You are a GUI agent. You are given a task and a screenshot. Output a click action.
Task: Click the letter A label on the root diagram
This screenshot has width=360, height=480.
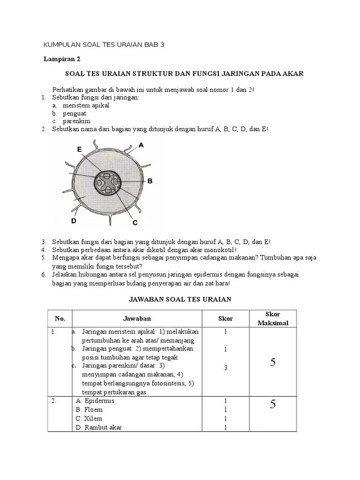click(x=141, y=145)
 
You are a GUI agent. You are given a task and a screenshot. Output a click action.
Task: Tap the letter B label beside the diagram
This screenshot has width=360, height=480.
click(x=150, y=180)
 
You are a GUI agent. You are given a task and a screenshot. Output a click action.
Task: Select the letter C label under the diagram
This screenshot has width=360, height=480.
click(x=135, y=223)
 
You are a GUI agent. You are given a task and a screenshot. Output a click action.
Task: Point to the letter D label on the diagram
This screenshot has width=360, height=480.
click(x=74, y=220)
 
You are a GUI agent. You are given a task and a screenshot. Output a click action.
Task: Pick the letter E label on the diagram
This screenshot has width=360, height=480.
click(x=80, y=149)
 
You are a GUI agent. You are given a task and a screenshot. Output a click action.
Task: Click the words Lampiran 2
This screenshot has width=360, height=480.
click(x=59, y=59)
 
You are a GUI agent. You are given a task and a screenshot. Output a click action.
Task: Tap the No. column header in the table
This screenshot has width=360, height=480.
click(x=60, y=319)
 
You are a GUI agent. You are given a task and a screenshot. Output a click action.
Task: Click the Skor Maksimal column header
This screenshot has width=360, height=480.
click(x=272, y=318)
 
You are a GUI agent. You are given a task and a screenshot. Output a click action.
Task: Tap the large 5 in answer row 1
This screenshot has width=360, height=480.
click(x=272, y=361)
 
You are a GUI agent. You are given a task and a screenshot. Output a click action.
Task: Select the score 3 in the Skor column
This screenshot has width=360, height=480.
click(x=225, y=367)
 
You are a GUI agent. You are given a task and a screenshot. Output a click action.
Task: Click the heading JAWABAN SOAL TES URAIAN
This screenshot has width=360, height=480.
click(x=180, y=299)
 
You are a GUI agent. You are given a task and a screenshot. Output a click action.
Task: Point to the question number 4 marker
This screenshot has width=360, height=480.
click(x=43, y=250)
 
